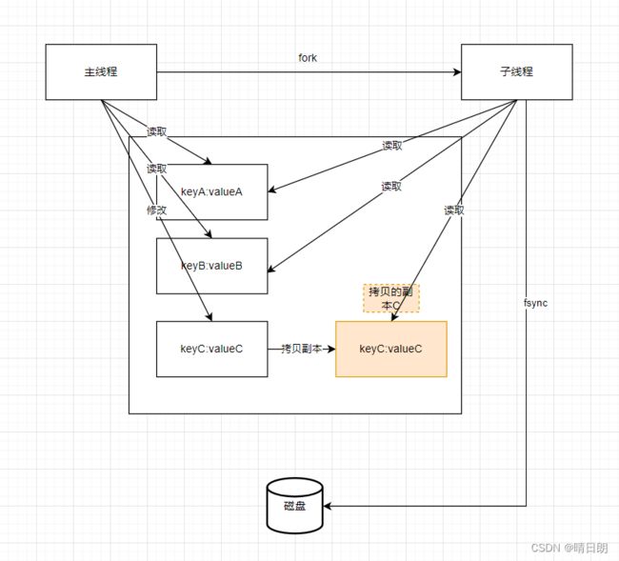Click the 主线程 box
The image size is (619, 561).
(x=101, y=71)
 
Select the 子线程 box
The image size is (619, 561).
(x=517, y=71)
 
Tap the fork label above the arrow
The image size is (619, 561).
(x=308, y=58)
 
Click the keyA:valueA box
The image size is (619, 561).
(x=212, y=191)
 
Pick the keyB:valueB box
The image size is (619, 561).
(x=212, y=266)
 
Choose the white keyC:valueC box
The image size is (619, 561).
(x=212, y=349)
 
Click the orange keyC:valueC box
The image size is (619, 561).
(x=391, y=349)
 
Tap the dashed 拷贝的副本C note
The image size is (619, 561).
(x=391, y=298)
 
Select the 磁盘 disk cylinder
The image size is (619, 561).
(x=295, y=506)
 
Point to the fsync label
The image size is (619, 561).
(x=536, y=303)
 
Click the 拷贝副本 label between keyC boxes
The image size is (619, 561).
(x=301, y=349)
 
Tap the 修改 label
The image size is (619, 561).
(x=157, y=210)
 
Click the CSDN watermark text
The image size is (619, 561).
(x=569, y=548)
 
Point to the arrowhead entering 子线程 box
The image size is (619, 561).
(x=457, y=71)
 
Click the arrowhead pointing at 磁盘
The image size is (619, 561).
(x=328, y=506)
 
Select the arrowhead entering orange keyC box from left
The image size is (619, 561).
(x=331, y=349)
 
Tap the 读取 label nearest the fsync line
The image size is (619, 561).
(x=454, y=210)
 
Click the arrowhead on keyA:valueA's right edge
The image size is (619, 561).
(x=272, y=190)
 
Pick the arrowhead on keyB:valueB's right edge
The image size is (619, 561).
(x=271, y=268)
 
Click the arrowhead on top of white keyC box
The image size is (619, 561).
(x=210, y=316)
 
